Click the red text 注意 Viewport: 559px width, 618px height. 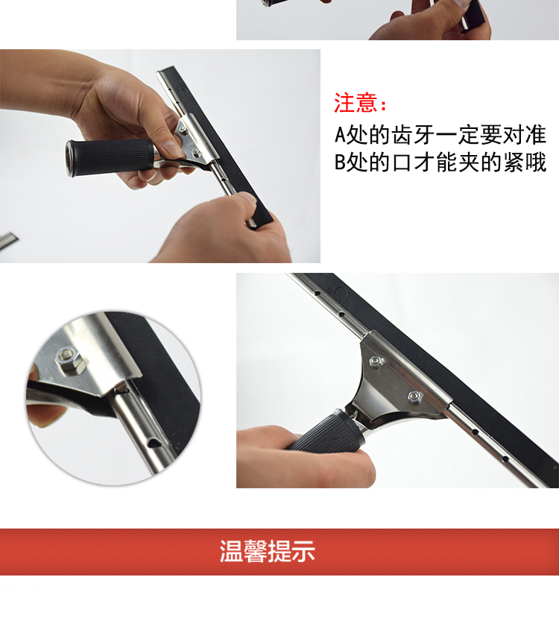point(356,103)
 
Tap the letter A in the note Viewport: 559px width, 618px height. point(340,135)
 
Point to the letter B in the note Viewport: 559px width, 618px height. point(340,162)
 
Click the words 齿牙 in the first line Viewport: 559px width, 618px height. point(412,135)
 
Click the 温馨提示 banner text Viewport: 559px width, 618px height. point(268,551)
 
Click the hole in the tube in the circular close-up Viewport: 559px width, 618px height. point(153,444)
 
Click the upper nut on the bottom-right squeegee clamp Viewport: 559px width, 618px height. point(376,361)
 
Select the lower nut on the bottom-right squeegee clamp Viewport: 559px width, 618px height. point(415,396)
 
